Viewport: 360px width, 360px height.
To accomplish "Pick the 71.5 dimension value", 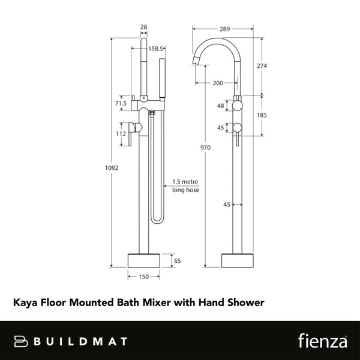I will tap(121, 103).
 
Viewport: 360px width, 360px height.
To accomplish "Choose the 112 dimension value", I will tap(120, 134).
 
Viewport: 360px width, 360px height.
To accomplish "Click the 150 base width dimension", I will tap(143, 277).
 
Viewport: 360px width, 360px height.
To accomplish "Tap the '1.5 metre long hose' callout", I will tap(185, 185).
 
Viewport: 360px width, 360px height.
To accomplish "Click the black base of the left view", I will tap(143, 260).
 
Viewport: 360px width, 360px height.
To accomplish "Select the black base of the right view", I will tap(238, 260).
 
